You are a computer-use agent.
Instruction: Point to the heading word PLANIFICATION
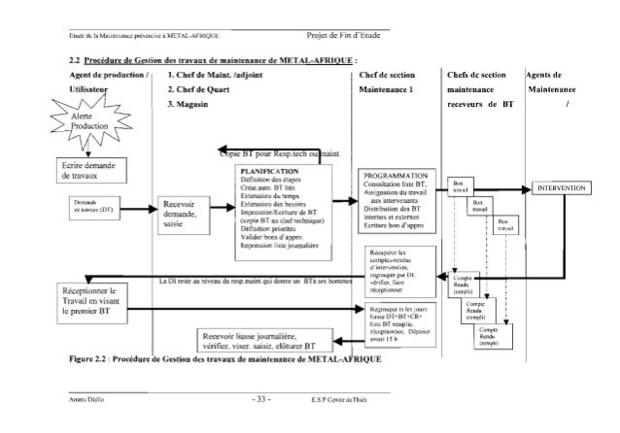(261, 171)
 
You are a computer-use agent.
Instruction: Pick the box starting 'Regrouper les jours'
(394, 320)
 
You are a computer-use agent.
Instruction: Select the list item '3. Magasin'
(190, 104)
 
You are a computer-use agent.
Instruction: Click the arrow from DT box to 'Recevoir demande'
(139, 208)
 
